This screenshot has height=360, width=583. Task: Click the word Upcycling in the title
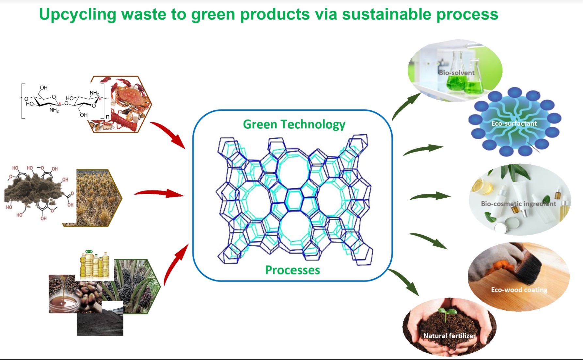coord(77,15)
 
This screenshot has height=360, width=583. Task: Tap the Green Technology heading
coord(294,124)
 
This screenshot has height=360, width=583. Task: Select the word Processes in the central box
coord(292,270)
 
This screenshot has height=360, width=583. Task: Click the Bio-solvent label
coord(456,73)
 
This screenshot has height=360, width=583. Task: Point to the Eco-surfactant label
coord(514,123)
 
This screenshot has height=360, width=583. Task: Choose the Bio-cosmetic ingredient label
coord(518,204)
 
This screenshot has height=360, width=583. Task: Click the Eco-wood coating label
coord(519,290)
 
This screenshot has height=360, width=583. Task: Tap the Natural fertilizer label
coord(449,335)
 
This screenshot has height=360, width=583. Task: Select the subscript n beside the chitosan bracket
coord(107,117)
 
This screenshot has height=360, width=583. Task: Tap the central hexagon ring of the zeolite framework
coord(294,199)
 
